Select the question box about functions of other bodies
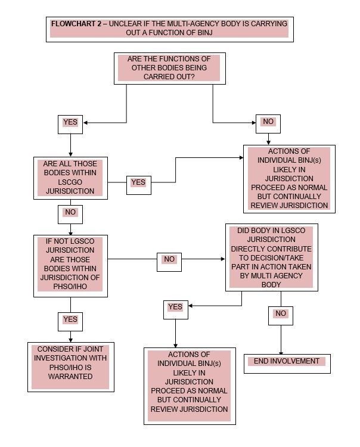169,69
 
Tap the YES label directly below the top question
70,123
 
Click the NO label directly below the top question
268,122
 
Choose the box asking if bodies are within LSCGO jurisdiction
70,178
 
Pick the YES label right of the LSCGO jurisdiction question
138,182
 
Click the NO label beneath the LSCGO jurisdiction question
70,212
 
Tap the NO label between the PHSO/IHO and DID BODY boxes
169,259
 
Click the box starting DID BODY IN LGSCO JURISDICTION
271,257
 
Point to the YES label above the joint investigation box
70,319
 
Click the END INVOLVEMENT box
287,361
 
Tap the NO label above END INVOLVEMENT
281,313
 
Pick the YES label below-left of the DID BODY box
175,307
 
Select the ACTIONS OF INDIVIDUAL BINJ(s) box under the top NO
289,178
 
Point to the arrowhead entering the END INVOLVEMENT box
281,353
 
